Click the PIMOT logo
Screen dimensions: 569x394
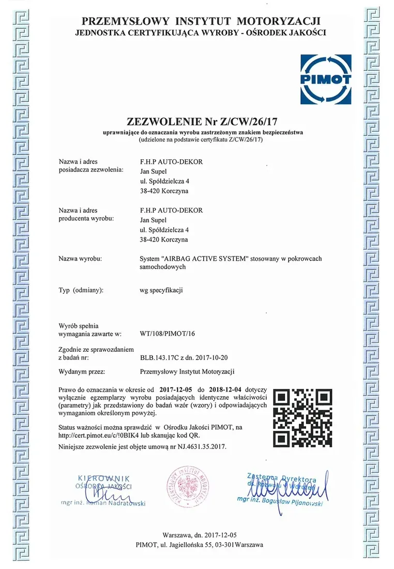pyautogui.click(x=326, y=80)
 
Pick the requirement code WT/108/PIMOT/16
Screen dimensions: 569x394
pyautogui.click(x=168, y=334)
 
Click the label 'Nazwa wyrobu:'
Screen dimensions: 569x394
pyautogui.click(x=80, y=258)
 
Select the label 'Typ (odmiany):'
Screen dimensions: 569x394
pyautogui.click(x=81, y=290)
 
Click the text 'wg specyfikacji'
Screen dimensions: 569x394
pyautogui.click(x=161, y=290)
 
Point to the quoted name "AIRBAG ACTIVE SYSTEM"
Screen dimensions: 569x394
pyautogui.click(x=204, y=258)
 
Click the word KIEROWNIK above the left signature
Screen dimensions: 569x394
pyautogui.click(x=104, y=479)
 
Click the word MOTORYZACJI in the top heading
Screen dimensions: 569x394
pyautogui.click(x=279, y=21)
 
